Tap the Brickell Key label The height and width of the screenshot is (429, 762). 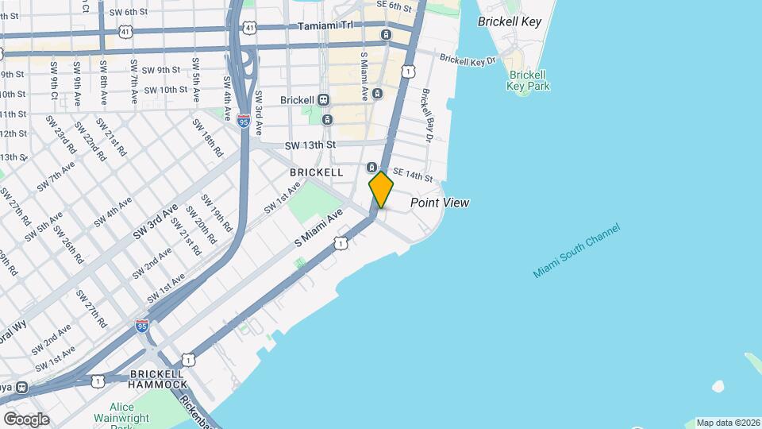[510, 21]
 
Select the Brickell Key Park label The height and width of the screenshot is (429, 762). [528, 80]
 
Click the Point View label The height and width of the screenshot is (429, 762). [439, 203]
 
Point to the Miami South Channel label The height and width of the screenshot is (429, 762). [575, 250]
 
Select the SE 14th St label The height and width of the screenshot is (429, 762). [412, 176]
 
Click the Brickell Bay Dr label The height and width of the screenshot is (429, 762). [428, 114]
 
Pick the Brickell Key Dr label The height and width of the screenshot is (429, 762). [468, 60]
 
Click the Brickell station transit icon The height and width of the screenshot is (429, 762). [323, 100]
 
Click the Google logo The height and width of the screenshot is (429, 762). [26, 419]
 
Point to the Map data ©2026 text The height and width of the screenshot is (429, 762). [727, 423]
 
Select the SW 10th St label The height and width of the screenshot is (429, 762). [161, 90]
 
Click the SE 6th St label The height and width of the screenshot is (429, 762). [394, 6]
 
